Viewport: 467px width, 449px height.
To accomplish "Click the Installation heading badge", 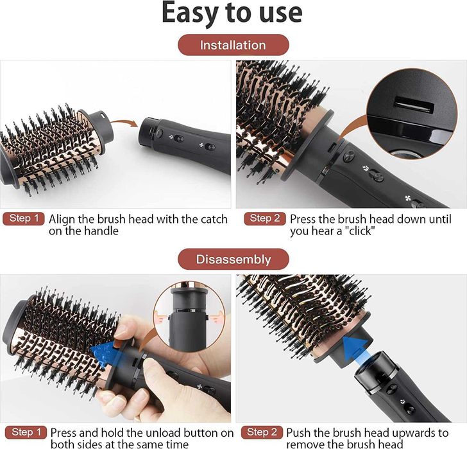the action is (234, 45).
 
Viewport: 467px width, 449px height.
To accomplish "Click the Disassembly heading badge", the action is (234, 259).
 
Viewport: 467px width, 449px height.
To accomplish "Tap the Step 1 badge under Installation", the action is (24, 218).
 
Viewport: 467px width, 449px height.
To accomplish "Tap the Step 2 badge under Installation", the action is (264, 218).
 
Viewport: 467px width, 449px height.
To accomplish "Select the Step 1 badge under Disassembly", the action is (26, 432).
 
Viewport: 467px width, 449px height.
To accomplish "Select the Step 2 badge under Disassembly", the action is (262, 432).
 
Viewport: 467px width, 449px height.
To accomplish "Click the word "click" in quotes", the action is (361, 231).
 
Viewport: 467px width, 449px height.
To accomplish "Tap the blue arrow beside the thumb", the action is (105, 353).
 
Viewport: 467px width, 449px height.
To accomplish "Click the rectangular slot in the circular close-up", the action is (414, 105).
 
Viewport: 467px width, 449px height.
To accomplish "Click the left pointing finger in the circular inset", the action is (162, 317).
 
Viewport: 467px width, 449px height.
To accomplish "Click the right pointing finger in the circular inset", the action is (217, 317).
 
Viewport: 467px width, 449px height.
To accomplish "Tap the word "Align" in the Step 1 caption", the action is (62, 220).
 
